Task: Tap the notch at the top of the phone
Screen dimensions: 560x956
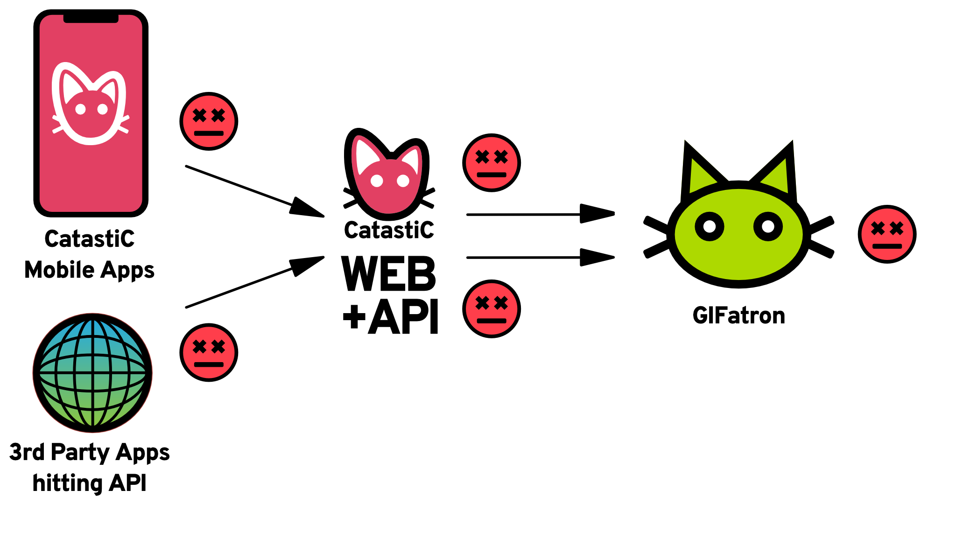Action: (91, 18)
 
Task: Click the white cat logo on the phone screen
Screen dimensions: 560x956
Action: (90, 104)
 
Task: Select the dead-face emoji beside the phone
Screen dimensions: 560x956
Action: (209, 121)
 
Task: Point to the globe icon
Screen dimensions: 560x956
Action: (92, 373)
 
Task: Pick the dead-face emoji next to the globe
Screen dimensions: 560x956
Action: (209, 352)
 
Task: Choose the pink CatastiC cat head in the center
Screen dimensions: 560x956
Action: (387, 175)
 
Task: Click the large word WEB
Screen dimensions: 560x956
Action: (388, 274)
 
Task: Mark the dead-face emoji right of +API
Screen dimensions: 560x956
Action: (491, 309)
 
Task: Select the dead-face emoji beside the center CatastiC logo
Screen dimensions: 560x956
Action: (491, 163)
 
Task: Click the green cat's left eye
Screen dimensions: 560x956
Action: (709, 227)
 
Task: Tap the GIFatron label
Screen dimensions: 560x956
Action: (738, 316)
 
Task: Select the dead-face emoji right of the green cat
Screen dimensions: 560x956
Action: (887, 234)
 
